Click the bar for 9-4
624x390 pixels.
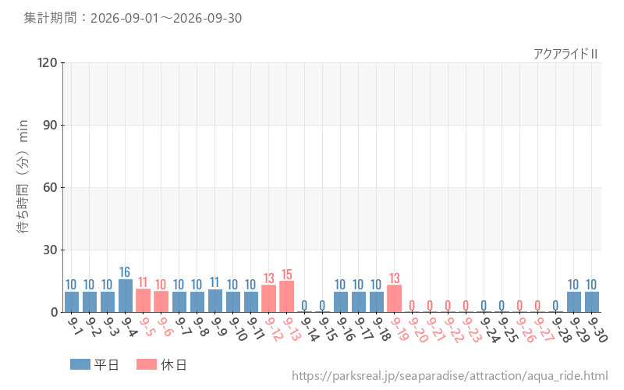(126, 296)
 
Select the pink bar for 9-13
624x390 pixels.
(286, 296)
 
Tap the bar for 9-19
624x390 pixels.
(394, 299)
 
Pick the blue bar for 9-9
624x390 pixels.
(215, 301)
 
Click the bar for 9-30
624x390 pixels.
(592, 302)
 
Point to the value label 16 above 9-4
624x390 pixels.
(125, 271)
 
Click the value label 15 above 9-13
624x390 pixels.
(286, 275)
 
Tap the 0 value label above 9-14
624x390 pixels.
(304, 305)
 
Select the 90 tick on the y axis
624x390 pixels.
(50, 125)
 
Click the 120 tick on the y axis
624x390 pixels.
(48, 62)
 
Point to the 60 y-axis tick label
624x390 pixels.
(50, 187)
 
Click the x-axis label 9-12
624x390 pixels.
(274, 328)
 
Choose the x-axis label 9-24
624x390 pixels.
(489, 329)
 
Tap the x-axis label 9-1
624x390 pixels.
(74, 326)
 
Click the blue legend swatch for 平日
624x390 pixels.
(80, 364)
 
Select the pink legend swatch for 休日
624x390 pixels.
(147, 364)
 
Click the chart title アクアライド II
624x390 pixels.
(565, 54)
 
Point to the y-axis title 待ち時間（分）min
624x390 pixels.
(23, 176)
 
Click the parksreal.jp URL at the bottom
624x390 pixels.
(450, 376)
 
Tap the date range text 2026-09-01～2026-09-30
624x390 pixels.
(166, 18)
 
